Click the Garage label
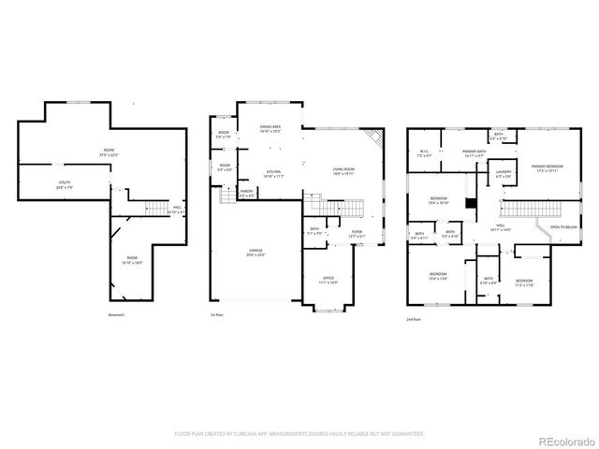point(255,253)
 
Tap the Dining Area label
point(270,128)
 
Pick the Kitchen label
point(274,173)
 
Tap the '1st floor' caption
point(216,314)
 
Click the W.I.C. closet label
point(424,152)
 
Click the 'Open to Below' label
point(563,227)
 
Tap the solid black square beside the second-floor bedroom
point(471,203)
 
